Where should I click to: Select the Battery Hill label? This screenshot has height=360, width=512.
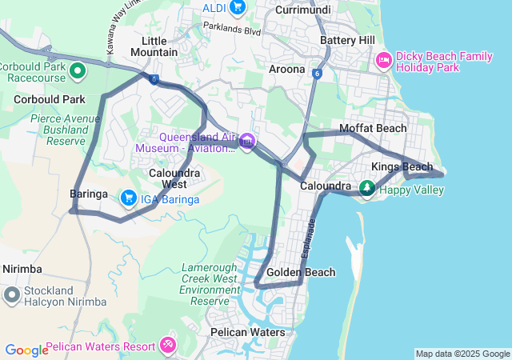pos(346,40)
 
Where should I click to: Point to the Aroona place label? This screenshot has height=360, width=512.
pos(287,70)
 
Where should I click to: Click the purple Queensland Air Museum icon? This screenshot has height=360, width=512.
pos(246,142)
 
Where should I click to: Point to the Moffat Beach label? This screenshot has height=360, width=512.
pos(373,128)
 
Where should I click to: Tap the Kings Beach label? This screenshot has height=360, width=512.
pos(402,166)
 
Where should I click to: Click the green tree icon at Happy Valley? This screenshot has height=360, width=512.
pos(366,188)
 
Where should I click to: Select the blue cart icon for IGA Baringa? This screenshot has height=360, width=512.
pos(128,197)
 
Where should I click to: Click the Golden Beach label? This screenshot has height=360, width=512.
pos(301,273)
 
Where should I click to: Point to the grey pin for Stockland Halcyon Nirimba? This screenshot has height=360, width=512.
pos(11,295)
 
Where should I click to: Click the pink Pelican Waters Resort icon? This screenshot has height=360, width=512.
pos(167,346)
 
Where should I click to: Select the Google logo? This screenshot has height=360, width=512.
pos(26,350)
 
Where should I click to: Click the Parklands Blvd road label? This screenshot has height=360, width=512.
pos(232,30)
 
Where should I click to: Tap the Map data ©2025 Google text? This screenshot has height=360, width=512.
pos(462,354)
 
